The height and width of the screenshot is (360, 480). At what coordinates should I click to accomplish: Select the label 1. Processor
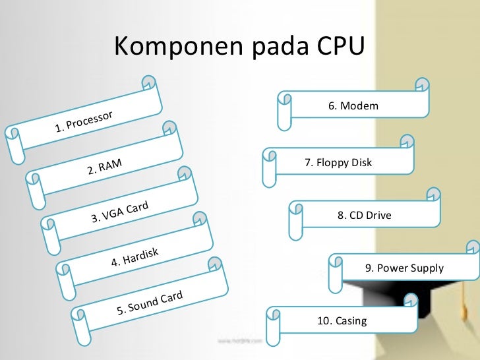pyautogui.click(x=84, y=120)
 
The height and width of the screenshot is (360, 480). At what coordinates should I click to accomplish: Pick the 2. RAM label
pyautogui.click(x=105, y=165)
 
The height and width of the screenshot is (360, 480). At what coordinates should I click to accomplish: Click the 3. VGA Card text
pyautogui.click(x=119, y=212)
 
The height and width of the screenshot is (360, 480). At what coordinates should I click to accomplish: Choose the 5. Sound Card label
pyautogui.click(x=149, y=302)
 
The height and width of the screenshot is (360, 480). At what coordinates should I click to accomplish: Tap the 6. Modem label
pyautogui.click(x=353, y=105)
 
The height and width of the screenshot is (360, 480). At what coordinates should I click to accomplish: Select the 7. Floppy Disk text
pyautogui.click(x=338, y=162)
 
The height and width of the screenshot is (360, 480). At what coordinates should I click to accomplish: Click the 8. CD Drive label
pyautogui.click(x=364, y=215)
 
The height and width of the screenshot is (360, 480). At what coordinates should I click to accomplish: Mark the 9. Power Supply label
pyautogui.click(x=404, y=268)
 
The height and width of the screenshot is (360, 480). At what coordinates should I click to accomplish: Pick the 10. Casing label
pyautogui.click(x=342, y=321)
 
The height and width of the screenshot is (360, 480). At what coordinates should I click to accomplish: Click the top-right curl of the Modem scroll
pyautogui.click(x=421, y=85)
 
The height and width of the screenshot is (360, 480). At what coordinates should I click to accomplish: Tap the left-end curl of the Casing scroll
pyautogui.click(x=274, y=316)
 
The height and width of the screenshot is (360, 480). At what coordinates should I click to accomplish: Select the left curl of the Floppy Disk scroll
pyautogui.click(x=269, y=156)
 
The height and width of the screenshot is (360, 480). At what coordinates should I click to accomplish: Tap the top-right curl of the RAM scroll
pyautogui.click(x=170, y=127)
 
